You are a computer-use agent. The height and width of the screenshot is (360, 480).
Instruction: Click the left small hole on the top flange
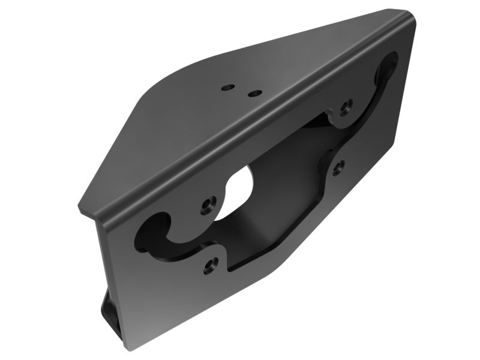point(227,88)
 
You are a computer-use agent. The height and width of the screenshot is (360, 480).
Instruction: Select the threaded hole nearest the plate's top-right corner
point(345,108)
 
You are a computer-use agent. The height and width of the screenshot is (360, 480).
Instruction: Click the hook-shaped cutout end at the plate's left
point(150,231)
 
